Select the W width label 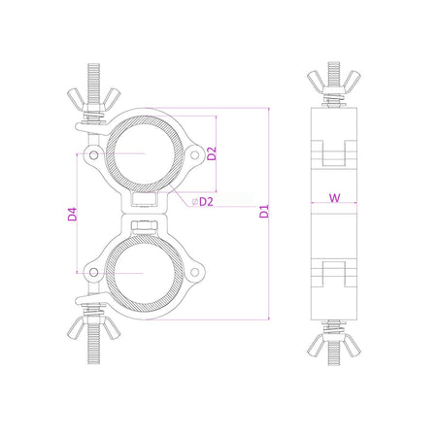tap(334, 198)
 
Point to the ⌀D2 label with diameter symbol tap(202, 201)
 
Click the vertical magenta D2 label tap(212, 153)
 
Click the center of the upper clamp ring tap(142, 152)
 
